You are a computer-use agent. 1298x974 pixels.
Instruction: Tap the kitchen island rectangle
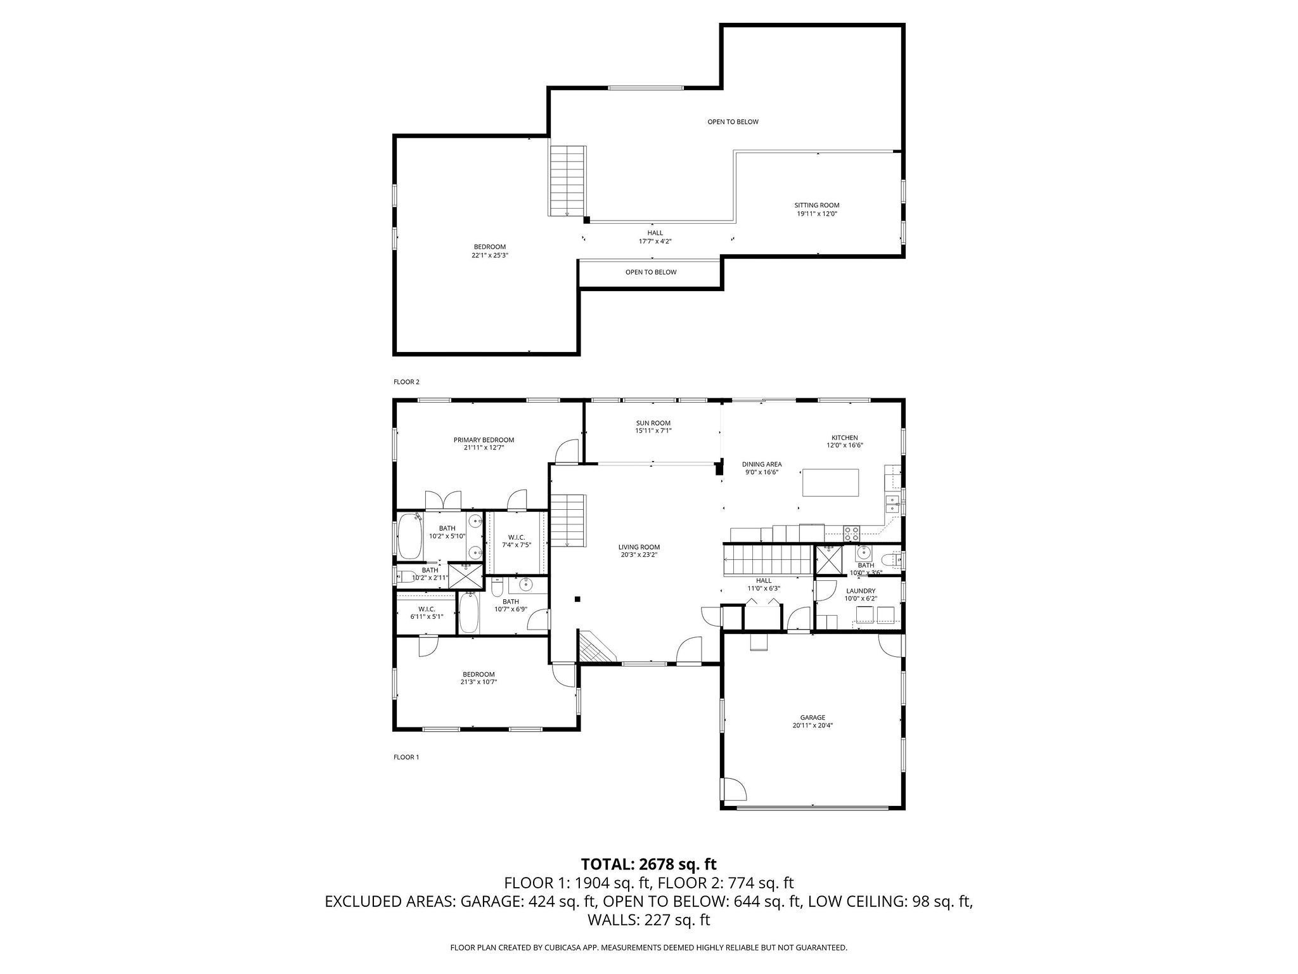click(x=830, y=483)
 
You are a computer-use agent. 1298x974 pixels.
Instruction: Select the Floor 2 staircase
click(x=567, y=181)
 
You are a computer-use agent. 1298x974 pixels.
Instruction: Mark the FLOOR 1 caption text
click(x=406, y=757)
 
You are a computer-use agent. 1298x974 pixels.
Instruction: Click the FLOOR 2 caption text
click(x=406, y=382)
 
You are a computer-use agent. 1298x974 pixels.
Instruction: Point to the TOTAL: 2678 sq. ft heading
click(x=648, y=864)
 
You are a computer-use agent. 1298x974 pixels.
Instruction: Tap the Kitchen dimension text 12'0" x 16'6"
click(x=844, y=445)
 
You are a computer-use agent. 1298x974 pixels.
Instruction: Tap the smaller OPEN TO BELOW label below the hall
click(x=650, y=272)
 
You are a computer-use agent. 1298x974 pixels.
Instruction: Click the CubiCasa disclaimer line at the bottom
click(x=648, y=947)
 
